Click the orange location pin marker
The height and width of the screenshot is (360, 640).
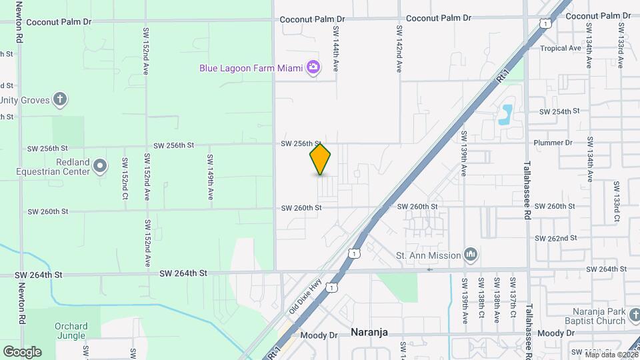320,159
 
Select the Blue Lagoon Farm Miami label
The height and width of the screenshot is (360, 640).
251,68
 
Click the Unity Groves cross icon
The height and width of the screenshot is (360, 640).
60,100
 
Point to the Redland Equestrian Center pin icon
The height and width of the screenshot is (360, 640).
100,165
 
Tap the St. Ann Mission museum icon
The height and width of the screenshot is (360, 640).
471,254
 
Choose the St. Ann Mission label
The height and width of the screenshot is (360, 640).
428,255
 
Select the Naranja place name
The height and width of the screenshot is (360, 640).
369,332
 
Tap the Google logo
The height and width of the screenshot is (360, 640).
22,351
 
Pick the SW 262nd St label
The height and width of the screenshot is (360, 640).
555,238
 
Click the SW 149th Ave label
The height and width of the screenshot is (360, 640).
210,177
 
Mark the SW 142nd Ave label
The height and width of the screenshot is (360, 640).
399,49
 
